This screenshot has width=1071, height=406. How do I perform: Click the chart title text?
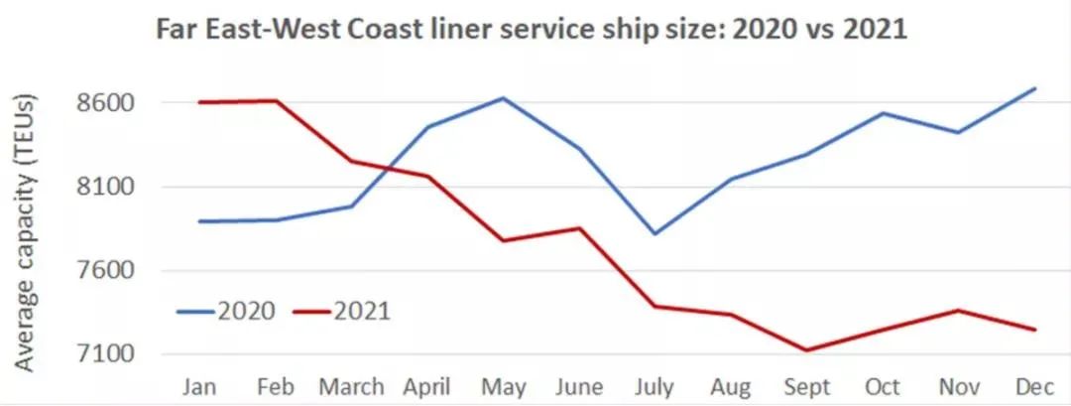530,30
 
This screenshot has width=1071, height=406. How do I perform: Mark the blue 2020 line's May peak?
504,97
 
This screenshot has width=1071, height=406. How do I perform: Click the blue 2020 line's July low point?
655,234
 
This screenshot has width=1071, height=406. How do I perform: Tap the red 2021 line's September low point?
807,350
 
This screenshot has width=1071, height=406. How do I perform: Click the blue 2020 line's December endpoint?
1035,88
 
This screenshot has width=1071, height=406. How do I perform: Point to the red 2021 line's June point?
580,228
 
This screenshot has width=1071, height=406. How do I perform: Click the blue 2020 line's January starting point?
201,221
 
